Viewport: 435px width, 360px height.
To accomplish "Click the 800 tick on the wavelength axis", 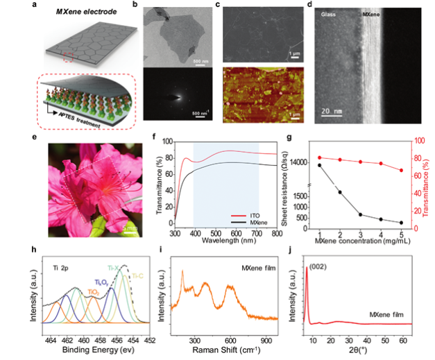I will [276, 234].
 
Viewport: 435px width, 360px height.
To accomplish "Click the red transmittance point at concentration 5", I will [401, 170].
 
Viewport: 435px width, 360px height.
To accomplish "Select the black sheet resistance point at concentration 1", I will [320, 165].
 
